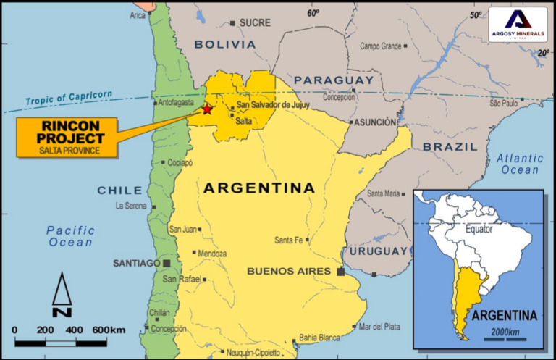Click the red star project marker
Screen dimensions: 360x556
pyautogui.click(x=207, y=109)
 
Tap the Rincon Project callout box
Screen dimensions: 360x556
pyautogui.click(x=69, y=135)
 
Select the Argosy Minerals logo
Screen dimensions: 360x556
pyautogui.click(x=517, y=24)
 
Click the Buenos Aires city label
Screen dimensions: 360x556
pyautogui.click(x=290, y=272)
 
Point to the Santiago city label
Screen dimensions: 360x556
pyautogui.click(x=135, y=263)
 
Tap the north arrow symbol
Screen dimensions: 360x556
pyautogui.click(x=62, y=294)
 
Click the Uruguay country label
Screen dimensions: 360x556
pyautogui.click(x=379, y=251)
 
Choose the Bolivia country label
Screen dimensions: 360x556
pyautogui.click(x=224, y=44)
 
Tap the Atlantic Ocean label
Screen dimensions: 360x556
pyautogui.click(x=520, y=164)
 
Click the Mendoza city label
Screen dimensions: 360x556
pyautogui.click(x=212, y=254)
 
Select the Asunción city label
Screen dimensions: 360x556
pyautogui.click(x=376, y=122)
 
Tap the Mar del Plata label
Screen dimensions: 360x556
pyautogui.click(x=379, y=327)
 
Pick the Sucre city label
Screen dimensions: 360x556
pyautogui.click(x=254, y=22)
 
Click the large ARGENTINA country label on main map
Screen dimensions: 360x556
pyautogui.click(x=259, y=188)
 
